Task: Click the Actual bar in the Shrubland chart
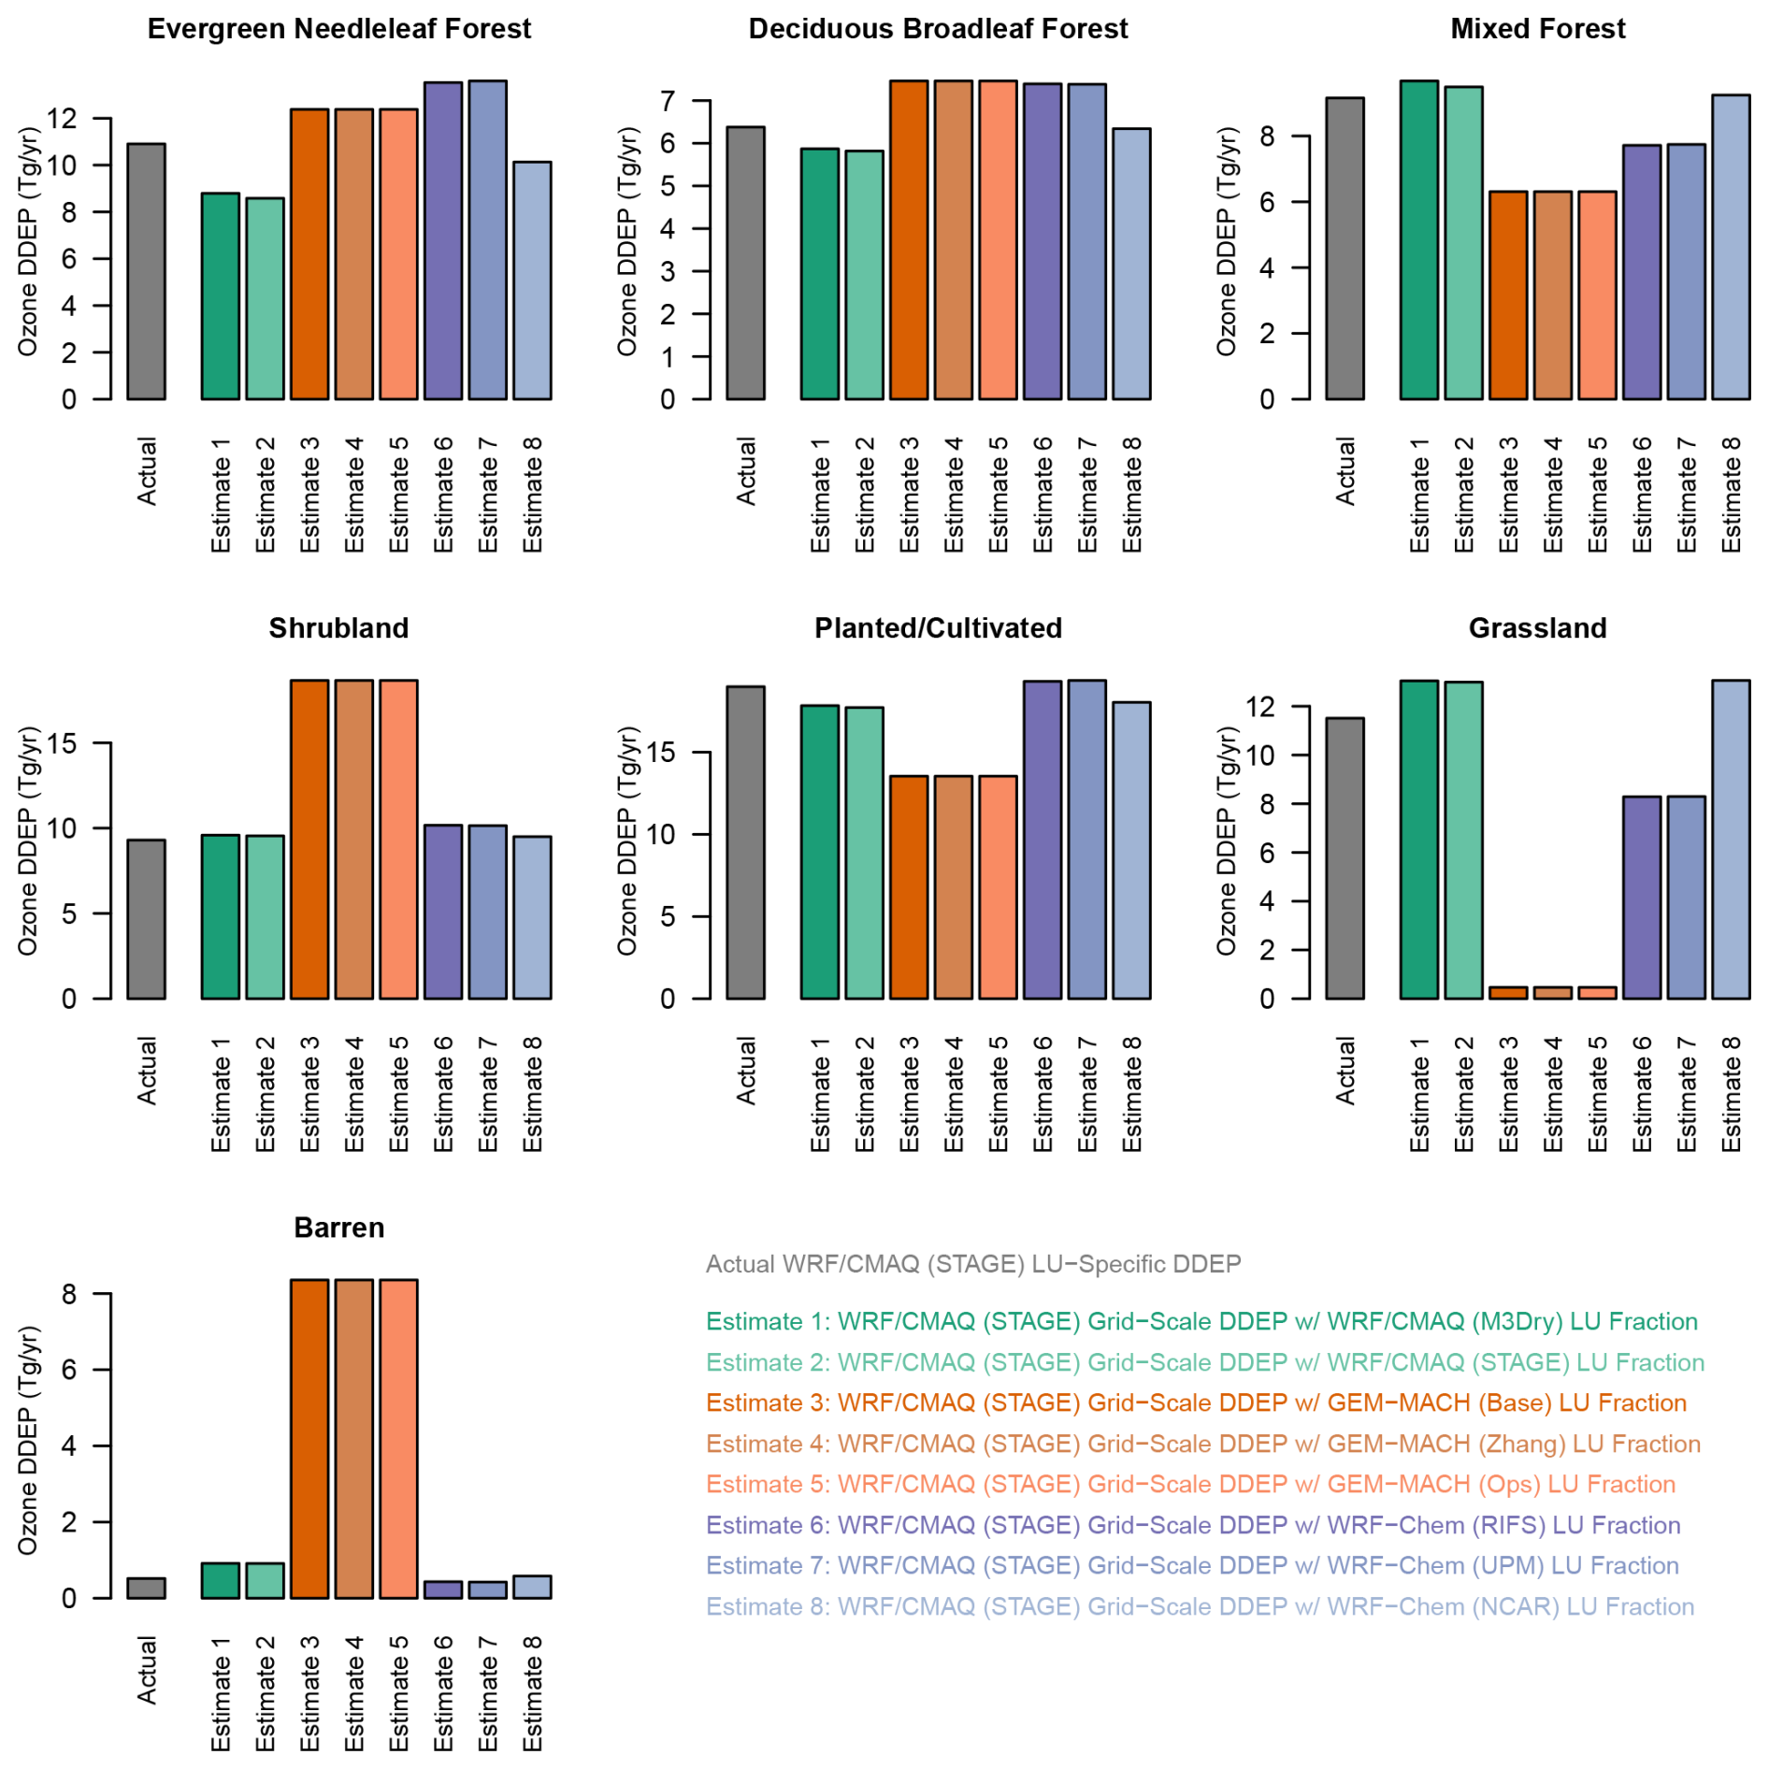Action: point(146,918)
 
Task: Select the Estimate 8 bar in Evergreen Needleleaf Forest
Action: point(532,280)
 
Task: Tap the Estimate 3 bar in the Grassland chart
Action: point(1507,992)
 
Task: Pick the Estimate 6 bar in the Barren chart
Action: point(443,1589)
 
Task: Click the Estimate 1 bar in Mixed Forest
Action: point(1418,240)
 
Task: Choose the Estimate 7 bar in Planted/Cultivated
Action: point(1086,839)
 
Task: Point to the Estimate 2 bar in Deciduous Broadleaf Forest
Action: point(864,275)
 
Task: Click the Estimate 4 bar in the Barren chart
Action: point(354,1438)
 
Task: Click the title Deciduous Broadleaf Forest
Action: point(938,29)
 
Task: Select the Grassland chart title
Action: point(1537,628)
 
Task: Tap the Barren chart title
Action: point(338,1228)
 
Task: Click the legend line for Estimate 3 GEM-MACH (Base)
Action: point(1196,1402)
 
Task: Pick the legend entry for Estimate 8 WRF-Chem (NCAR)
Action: point(1200,1606)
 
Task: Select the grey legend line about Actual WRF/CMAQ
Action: point(972,1264)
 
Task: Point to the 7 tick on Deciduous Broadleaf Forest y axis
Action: point(668,101)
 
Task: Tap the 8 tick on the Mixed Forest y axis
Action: point(1267,137)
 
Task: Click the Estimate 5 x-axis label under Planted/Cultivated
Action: point(999,1093)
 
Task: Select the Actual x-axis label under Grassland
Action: point(1345,1070)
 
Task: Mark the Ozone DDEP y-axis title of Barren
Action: point(28,1440)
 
